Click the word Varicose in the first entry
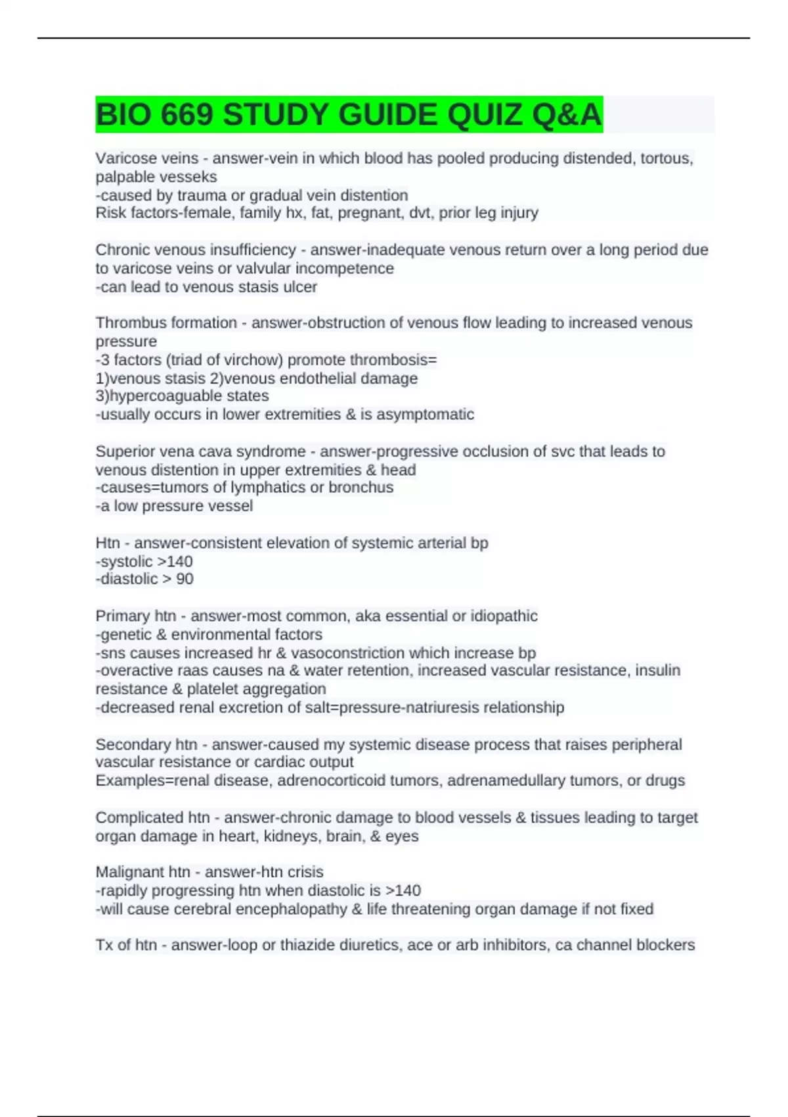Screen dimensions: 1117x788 pos(122,158)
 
